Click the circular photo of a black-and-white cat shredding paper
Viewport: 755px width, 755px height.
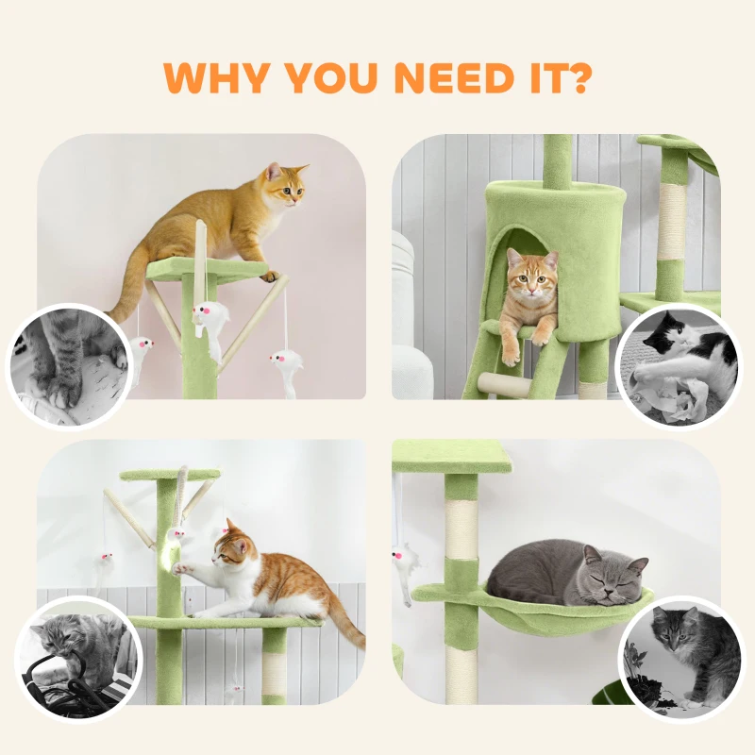pos(677,363)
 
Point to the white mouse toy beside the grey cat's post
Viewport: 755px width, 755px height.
pos(407,566)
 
